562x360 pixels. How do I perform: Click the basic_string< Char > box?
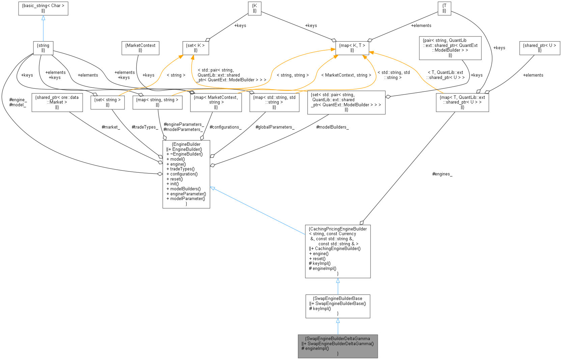coord(43,8)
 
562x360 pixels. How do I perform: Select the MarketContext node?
coord(140,48)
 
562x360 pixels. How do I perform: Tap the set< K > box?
coord(196,48)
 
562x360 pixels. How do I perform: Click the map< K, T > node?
coord(352,48)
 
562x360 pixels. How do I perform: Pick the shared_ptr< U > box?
coord(539,48)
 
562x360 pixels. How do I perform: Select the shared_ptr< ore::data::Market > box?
coord(57,102)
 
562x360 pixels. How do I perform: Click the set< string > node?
coord(108,102)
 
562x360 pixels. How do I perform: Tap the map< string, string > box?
coord(157,102)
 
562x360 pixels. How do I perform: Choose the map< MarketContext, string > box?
coord(216,102)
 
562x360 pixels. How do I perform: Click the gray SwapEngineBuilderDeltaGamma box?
coord(338,346)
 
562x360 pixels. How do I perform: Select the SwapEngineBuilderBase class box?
coord(338,306)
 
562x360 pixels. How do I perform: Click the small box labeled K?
coord(255,8)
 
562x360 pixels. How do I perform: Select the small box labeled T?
coord(444,8)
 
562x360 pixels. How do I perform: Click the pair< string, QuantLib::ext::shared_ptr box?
coord(450,48)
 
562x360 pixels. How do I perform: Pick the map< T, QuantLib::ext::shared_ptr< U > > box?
coord(462,102)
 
